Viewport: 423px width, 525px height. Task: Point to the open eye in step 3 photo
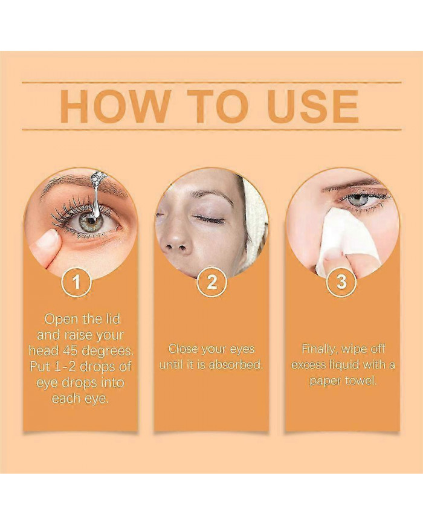(x=360, y=199)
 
